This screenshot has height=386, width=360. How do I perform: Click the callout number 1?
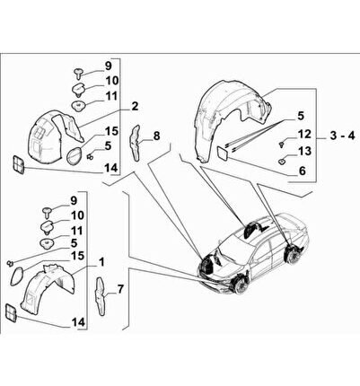click(101, 262)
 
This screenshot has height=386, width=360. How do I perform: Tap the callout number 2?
click(135, 106)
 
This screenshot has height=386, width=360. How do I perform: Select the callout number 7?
click(120, 289)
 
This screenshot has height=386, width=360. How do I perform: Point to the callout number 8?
click(156, 136)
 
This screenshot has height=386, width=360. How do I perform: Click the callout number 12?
click(304, 135)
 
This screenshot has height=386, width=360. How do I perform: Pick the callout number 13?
click(304, 151)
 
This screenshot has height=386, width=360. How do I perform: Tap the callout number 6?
click(303, 171)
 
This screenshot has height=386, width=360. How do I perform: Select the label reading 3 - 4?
click(342, 136)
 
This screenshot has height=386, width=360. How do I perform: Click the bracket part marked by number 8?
click(136, 143)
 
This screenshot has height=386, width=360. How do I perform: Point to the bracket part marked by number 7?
click(101, 296)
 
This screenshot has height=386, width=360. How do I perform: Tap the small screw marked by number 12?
click(281, 145)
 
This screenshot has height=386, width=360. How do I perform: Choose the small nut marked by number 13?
click(282, 162)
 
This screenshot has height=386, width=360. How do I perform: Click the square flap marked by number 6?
click(222, 153)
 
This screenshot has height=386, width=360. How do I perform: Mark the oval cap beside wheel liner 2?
click(74, 155)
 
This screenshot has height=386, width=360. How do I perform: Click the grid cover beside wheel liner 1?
click(12, 313)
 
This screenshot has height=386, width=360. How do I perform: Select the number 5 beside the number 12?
click(300, 116)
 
